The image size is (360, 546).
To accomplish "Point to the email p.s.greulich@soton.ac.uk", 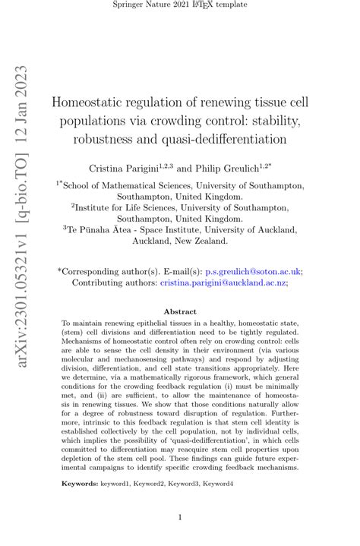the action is [254, 270].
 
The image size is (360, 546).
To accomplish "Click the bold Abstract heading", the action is [180, 311].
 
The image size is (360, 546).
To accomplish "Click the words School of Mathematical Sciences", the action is [126, 185].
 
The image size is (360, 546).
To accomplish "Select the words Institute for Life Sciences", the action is [128, 206].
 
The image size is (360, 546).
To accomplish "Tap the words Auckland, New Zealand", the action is [180, 241].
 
